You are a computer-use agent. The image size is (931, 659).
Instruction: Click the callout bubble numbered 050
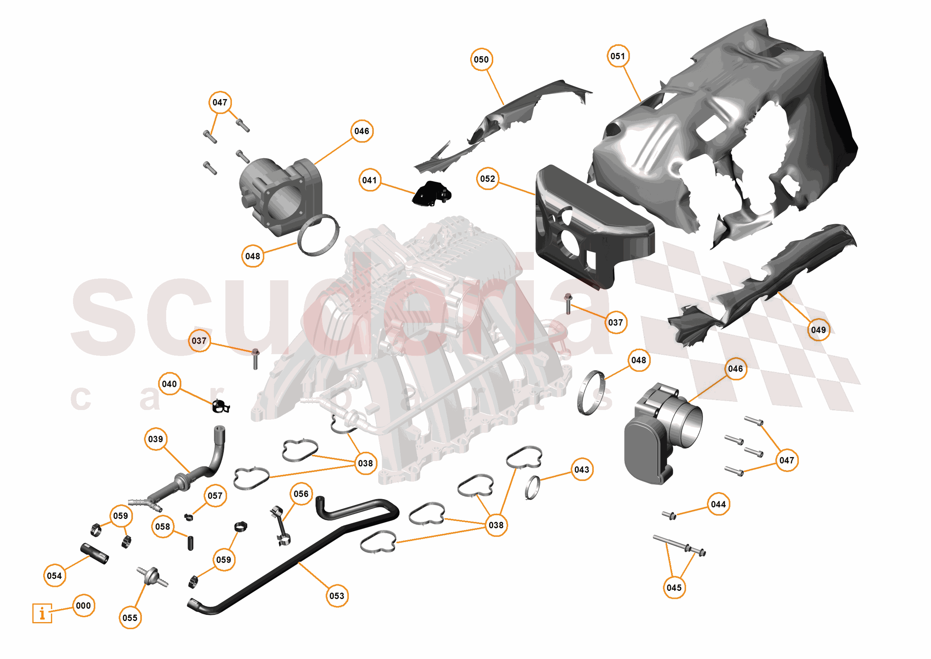(481, 60)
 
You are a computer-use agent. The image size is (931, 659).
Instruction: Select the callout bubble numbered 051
(618, 56)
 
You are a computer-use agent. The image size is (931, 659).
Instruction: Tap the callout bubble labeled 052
(487, 179)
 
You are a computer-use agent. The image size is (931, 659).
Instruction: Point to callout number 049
(818, 330)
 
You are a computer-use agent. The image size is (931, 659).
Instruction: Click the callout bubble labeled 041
(370, 180)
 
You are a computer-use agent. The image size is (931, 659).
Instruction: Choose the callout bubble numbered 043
(582, 470)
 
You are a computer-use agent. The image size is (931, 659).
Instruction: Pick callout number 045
(674, 587)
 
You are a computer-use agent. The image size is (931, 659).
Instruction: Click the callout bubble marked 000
(83, 606)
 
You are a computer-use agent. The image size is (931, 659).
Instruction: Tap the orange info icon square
(42, 613)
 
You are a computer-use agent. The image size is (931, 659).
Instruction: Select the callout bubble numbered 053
(337, 596)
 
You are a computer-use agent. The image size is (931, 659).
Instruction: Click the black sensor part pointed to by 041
(431, 193)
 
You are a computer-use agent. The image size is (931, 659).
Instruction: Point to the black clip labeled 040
(221, 406)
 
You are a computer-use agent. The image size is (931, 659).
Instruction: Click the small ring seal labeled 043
(532, 487)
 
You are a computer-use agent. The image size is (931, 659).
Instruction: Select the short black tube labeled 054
(95, 554)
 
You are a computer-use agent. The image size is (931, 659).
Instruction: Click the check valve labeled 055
(153, 577)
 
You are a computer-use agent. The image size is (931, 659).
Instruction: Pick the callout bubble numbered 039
(156, 439)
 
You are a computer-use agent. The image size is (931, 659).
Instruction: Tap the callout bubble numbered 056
(301, 494)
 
